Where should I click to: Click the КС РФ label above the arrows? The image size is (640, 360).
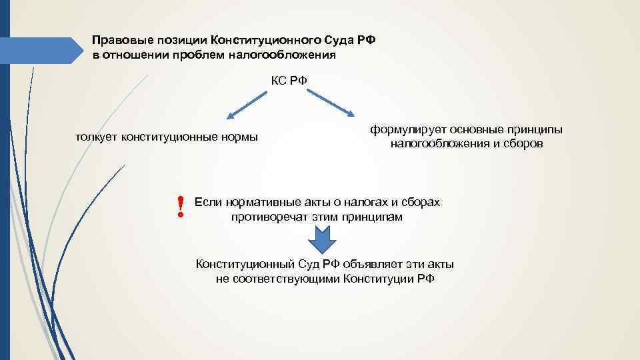pyautogui.click(x=289, y=81)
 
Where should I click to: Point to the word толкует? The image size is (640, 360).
pyautogui.click(x=97, y=137)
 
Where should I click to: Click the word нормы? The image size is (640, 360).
pyautogui.click(x=241, y=137)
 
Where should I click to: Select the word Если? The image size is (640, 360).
pyautogui.click(x=208, y=202)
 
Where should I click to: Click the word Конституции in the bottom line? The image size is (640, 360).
pyautogui.click(x=380, y=278)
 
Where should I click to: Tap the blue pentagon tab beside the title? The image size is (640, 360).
pyautogui.click(x=39, y=51)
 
